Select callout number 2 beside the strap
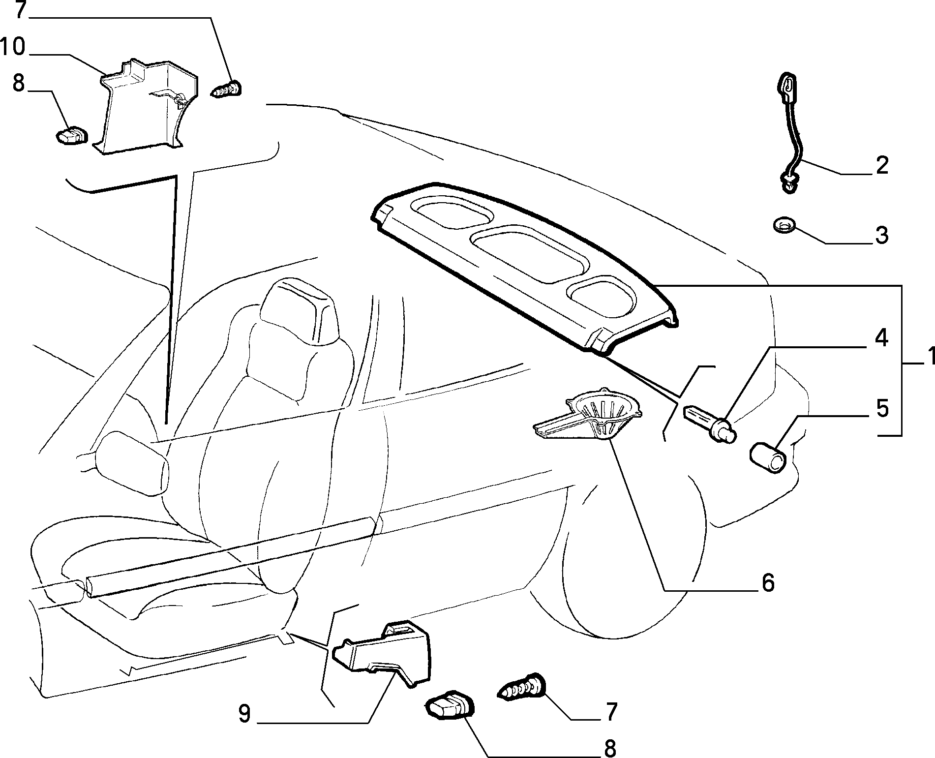(881, 166)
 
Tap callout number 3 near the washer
(881, 235)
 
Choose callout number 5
(881, 409)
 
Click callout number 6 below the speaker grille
(767, 582)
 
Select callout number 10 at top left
(13, 48)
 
